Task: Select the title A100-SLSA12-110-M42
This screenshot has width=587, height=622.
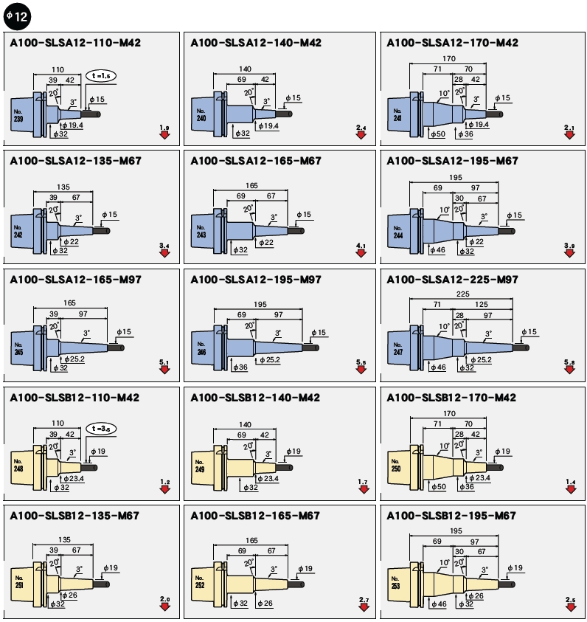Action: [x=75, y=43]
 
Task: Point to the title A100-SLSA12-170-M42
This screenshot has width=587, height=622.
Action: [x=453, y=43]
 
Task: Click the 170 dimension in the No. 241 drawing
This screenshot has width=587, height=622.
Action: [x=448, y=58]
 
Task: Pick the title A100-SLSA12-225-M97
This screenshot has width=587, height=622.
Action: [x=453, y=280]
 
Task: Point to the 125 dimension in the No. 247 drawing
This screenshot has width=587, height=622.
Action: [x=482, y=304]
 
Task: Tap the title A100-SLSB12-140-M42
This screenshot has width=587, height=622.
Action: [x=255, y=398]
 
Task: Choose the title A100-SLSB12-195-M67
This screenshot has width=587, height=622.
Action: [x=451, y=516]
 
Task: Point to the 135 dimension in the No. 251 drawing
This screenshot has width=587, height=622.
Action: [x=63, y=539]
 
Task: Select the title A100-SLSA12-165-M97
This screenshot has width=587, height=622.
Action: [x=75, y=280]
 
